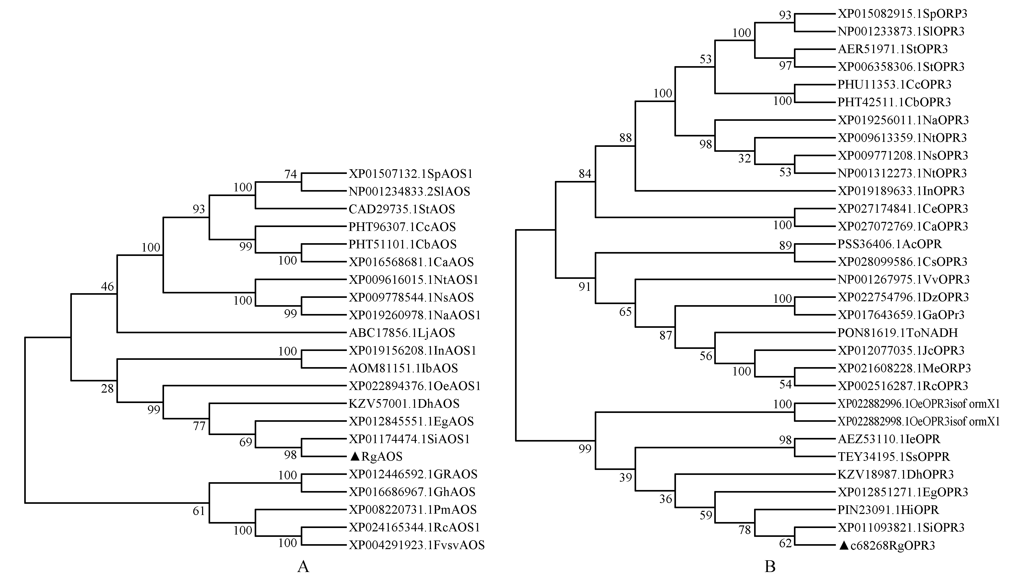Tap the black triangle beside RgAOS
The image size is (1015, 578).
pos(354,456)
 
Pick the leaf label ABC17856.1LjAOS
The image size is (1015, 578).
pos(402,333)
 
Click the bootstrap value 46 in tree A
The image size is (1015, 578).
pos(107,286)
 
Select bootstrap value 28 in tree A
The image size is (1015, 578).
pos(107,388)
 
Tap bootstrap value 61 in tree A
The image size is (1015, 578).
pos(199,511)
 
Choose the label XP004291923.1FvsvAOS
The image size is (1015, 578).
pos(416,545)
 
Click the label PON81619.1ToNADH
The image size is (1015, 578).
pos(898,333)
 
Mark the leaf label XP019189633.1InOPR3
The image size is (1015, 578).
pos(901,191)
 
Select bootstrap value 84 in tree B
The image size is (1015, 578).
pos(585,173)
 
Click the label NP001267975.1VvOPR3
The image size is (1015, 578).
pos(904,279)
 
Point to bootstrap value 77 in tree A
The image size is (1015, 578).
pos(199,426)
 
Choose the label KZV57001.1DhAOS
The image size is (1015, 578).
pos(404,404)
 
